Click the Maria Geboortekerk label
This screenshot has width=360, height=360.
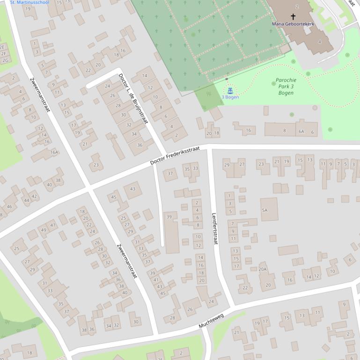[293, 24]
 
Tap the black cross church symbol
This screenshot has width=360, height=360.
[294, 17]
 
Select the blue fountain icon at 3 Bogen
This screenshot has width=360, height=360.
[230, 90]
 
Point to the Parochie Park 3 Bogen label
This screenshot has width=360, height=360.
[286, 86]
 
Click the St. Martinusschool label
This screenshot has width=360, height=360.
[29, 2]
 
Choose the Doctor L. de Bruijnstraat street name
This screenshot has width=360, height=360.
[133, 98]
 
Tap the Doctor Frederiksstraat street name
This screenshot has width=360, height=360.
[175, 155]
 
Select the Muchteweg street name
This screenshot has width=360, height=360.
[211, 319]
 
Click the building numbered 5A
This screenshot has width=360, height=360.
[264, 210]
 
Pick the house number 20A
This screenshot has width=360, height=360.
[262, 269]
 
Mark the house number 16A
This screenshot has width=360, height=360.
[54, 152]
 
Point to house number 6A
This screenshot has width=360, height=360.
[301, 132]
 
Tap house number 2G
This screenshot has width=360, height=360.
[5, 60]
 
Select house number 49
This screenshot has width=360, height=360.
[43, 230]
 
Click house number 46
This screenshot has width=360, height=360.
[9, 207]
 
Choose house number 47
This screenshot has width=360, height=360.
[53, 225]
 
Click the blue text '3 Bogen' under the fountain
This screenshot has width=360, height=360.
[230, 97]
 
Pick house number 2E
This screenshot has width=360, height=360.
[2, 47]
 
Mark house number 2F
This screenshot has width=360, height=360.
[4, 54]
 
